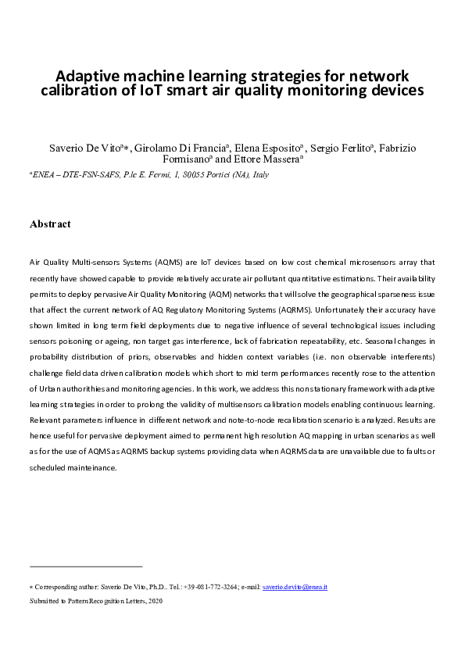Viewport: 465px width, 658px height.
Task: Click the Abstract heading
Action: tap(50, 224)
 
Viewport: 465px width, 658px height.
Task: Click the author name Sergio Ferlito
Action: tap(342, 148)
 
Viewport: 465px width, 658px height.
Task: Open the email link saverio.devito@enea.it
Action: tap(295, 586)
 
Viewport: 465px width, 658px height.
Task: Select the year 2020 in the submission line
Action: tap(155, 601)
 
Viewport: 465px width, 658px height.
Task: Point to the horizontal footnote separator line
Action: tap(86, 566)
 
